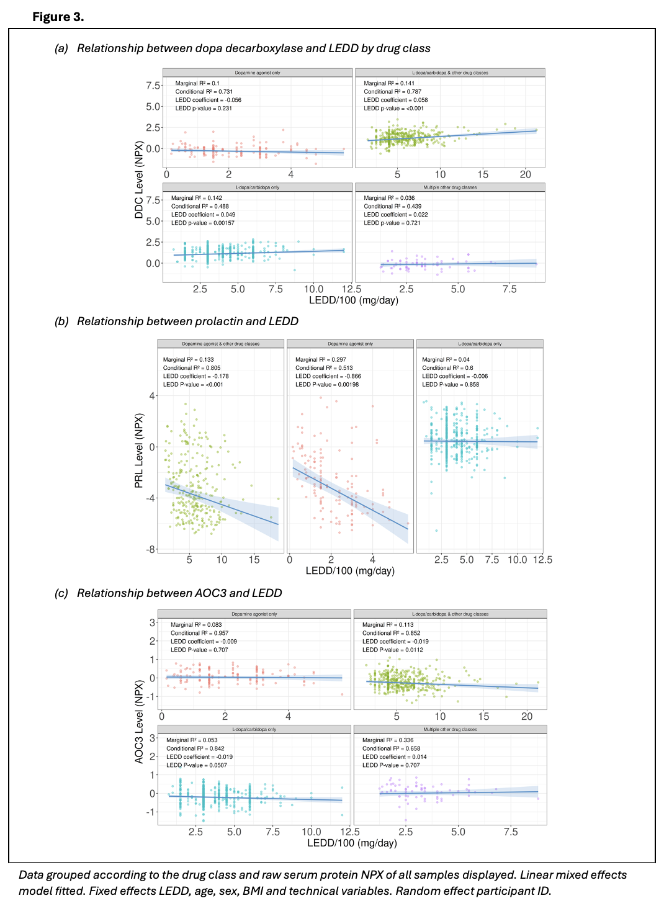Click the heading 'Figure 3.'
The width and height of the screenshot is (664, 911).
58,17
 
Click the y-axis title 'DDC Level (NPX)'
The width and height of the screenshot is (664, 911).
139,180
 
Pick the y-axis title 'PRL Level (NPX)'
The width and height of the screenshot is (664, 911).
139,450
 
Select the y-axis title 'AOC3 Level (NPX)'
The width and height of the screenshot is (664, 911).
139,721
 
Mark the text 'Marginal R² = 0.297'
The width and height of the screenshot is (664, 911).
321,360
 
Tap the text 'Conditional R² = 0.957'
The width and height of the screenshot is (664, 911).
200,634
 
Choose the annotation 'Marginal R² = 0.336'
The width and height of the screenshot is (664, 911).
388,740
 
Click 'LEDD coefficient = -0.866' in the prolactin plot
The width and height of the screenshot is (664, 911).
328,376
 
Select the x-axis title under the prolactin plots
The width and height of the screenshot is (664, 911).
350,571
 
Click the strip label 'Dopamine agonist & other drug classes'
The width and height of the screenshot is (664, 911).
221,344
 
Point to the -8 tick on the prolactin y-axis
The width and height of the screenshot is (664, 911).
151,549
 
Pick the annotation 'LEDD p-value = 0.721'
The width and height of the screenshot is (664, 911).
392,223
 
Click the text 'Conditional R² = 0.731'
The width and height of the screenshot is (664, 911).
204,92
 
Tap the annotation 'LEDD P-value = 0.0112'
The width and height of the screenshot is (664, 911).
393,650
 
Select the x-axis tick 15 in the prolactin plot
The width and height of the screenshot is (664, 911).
254,560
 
